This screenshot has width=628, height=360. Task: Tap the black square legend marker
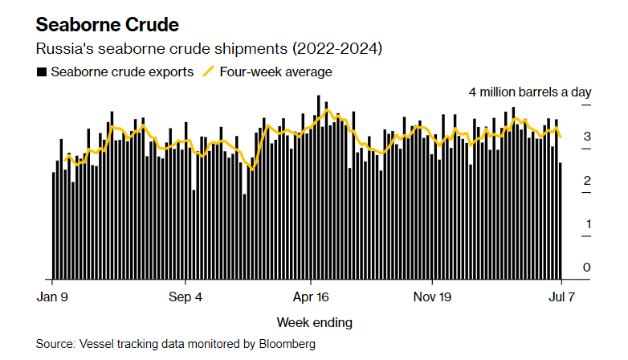coord(41,72)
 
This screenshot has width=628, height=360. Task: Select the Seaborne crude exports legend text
coord(121,72)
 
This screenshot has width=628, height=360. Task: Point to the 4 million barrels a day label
coord(529,92)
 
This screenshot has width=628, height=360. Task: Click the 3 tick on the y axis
coord(587,137)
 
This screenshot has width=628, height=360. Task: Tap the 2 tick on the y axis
coord(587,180)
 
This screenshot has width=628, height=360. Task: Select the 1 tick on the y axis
coord(587,223)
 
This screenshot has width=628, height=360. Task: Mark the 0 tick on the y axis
coord(587,267)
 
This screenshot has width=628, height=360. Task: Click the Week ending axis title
coord(314,322)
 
